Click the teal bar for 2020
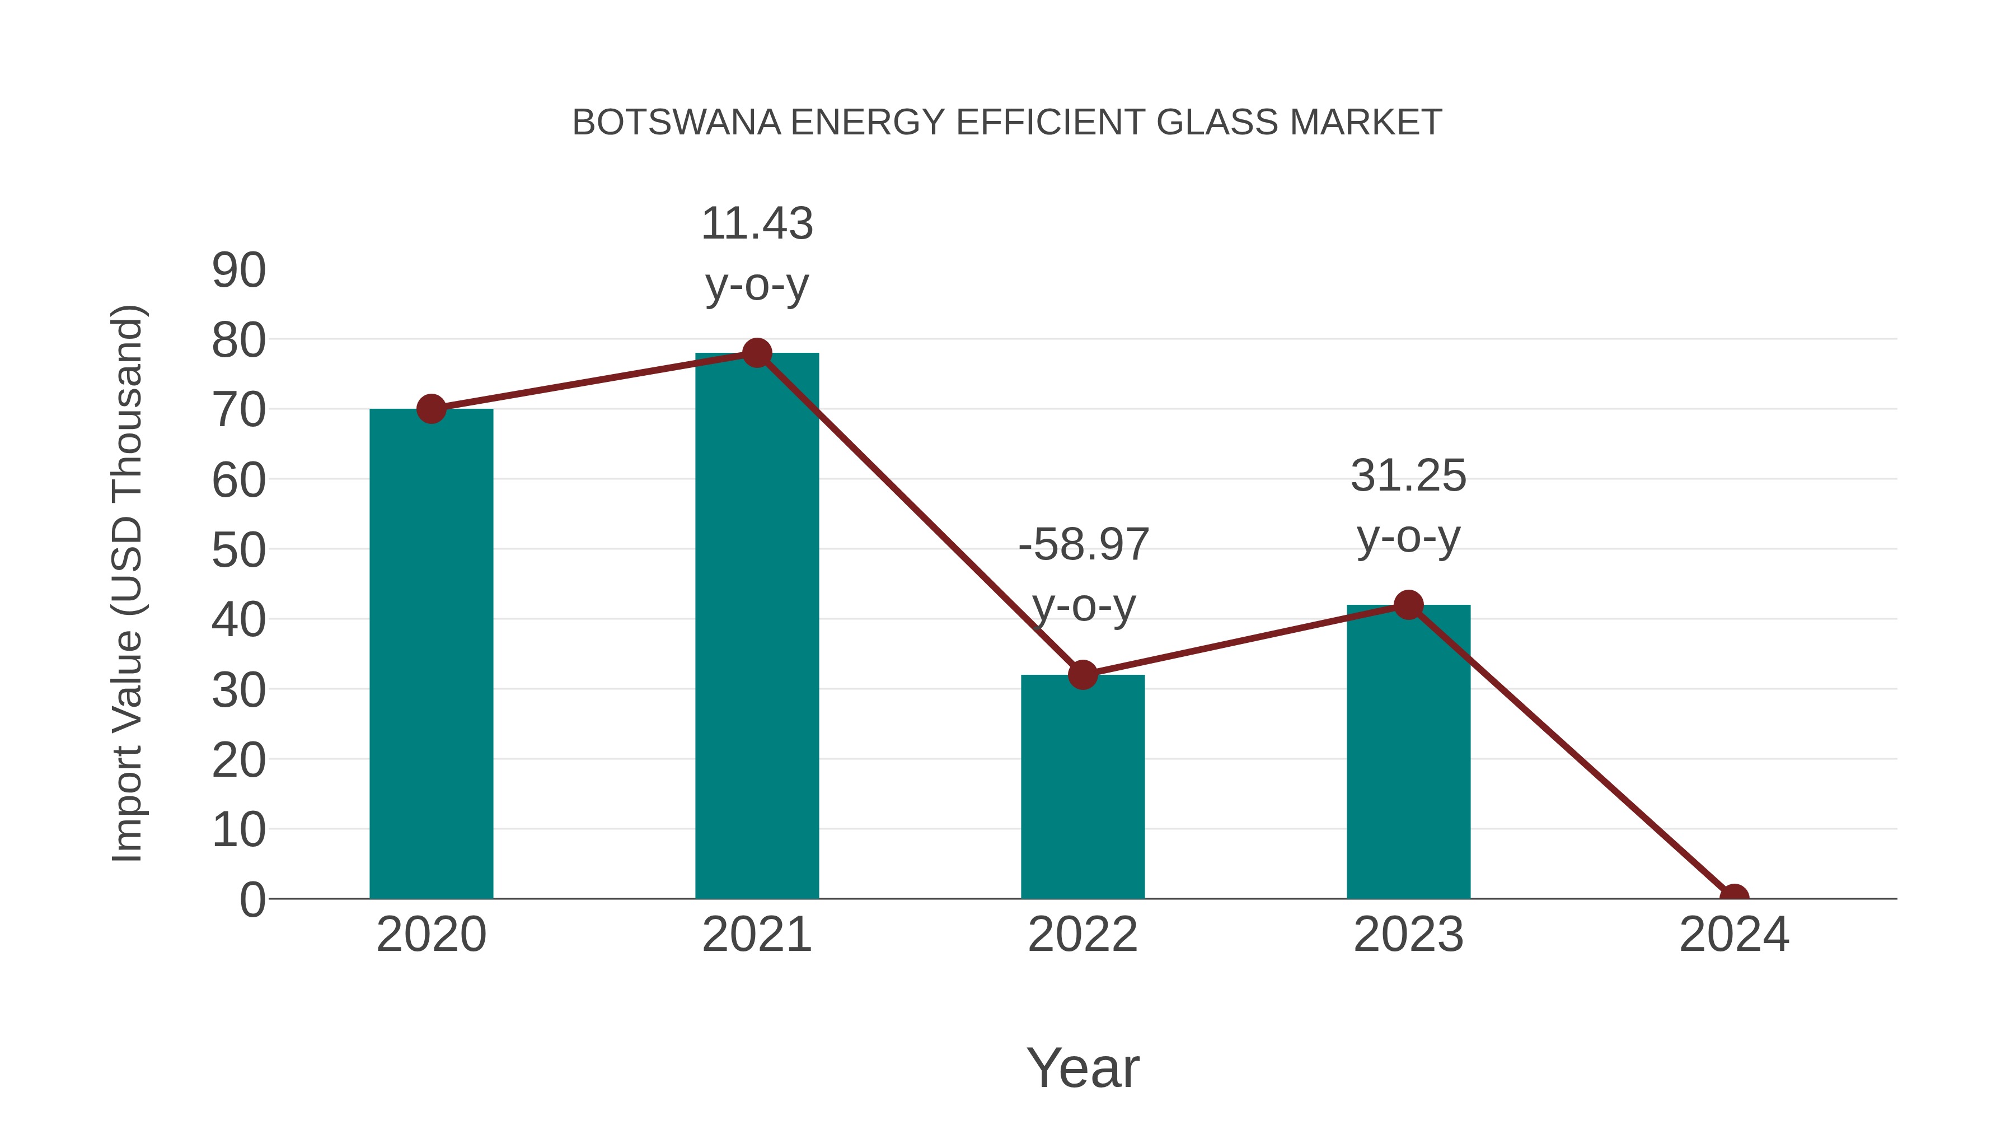(431, 654)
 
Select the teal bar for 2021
(756, 626)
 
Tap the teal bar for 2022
(1083, 787)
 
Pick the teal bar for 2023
(1408, 752)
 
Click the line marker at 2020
(431, 409)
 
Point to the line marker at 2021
(756, 353)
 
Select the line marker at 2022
(1083, 675)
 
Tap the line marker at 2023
(1408, 605)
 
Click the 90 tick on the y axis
(238, 271)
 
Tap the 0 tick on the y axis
(252, 899)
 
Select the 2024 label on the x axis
(1734, 935)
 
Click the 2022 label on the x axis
(1083, 935)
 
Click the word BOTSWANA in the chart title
(676, 123)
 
